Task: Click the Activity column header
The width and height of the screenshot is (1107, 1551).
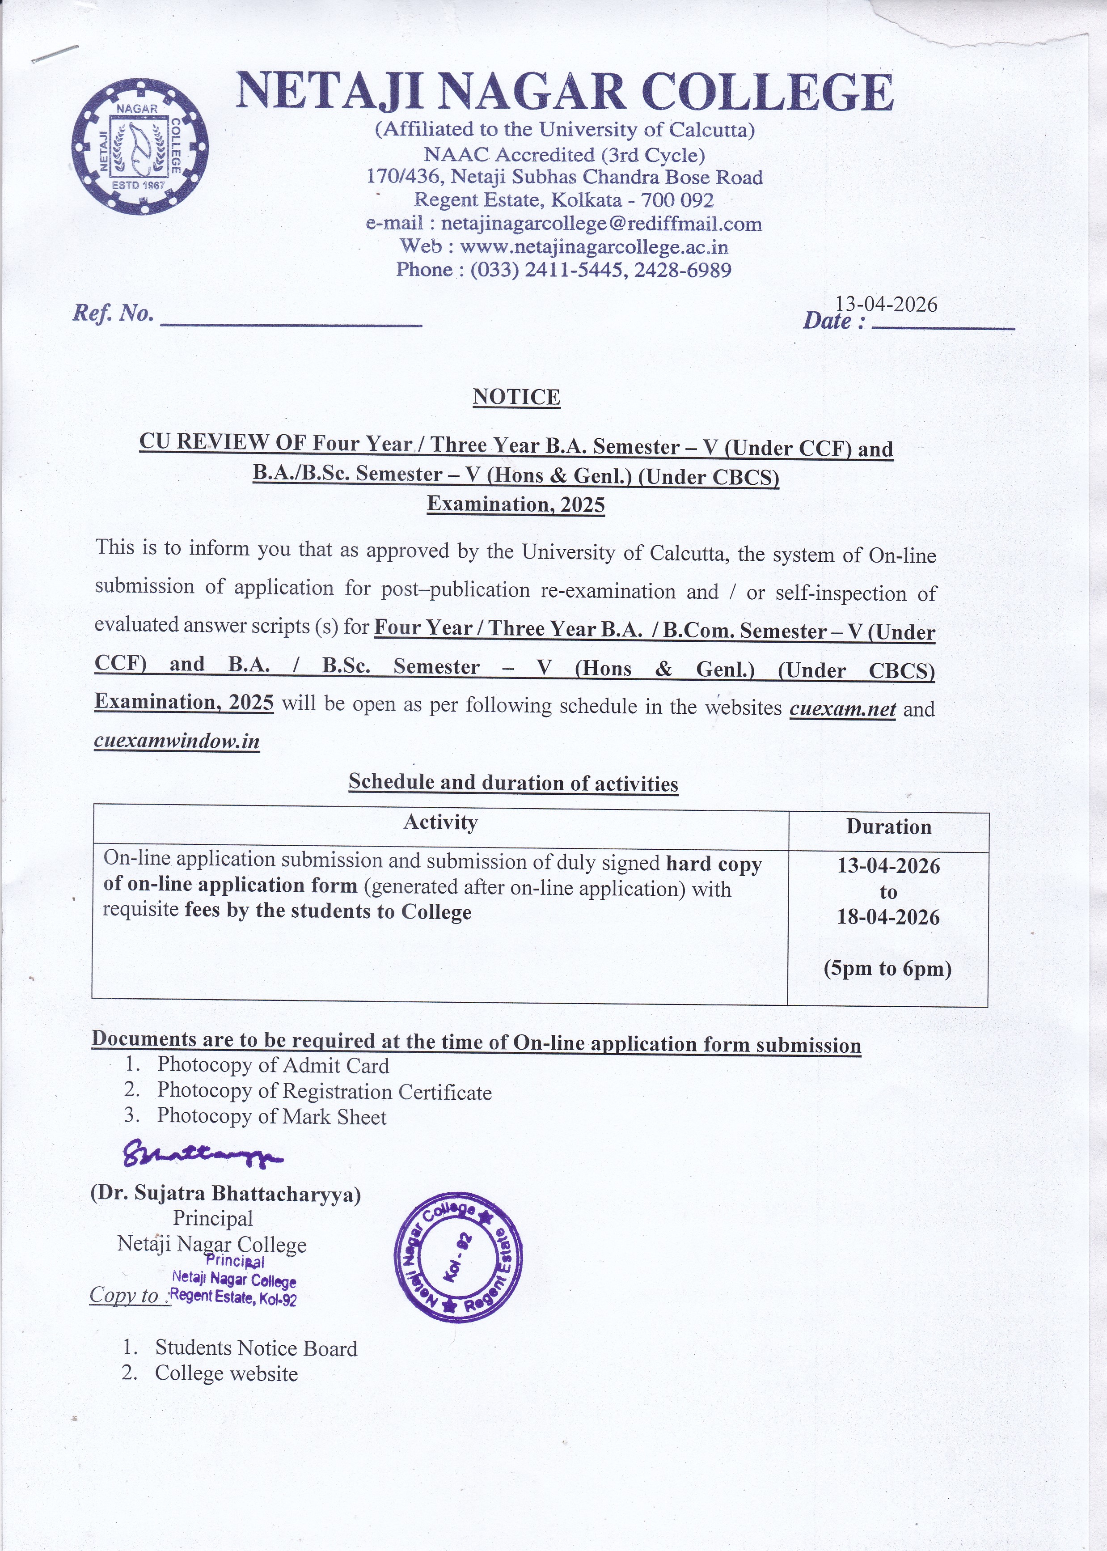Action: click(440, 822)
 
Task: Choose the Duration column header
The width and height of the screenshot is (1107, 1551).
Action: click(888, 827)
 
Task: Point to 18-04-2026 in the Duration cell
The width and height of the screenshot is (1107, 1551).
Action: click(888, 918)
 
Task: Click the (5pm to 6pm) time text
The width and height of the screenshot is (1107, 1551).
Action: click(887, 969)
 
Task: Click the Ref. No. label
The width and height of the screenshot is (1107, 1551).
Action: click(113, 313)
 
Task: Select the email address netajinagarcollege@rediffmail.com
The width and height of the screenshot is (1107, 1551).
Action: click(601, 224)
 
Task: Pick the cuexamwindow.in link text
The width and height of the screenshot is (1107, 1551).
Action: click(177, 741)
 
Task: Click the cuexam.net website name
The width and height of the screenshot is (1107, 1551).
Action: click(842, 709)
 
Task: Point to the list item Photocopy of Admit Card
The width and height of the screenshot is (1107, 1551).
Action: click(273, 1066)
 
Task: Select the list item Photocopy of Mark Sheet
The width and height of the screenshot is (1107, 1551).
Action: click(271, 1117)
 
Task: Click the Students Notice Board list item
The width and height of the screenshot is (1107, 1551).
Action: click(256, 1348)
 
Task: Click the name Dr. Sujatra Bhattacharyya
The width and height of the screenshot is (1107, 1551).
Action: click(226, 1193)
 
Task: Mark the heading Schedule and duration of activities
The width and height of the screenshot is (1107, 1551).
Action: click(513, 783)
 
